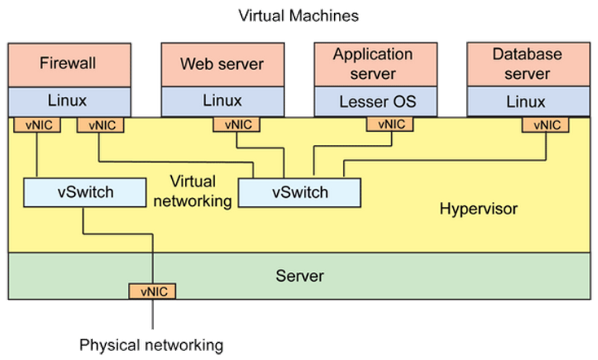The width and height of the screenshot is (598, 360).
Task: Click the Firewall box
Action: [69, 64]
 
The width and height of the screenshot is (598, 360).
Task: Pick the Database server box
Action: [527, 64]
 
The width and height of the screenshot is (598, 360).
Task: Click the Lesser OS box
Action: [376, 102]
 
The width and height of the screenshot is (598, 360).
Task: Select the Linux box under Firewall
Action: [69, 102]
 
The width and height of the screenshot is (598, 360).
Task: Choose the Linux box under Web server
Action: [222, 102]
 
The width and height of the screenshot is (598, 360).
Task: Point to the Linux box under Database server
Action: [527, 102]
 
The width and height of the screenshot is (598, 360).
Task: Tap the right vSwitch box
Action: [299, 193]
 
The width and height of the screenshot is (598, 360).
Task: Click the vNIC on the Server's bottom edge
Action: [152, 291]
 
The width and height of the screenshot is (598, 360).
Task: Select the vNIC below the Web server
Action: [236, 125]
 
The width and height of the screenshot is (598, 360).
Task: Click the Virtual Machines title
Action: [298, 15]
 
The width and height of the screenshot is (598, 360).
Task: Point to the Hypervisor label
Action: [478, 209]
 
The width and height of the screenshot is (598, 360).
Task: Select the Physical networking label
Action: [151, 345]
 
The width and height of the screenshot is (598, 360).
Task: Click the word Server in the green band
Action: [299, 276]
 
